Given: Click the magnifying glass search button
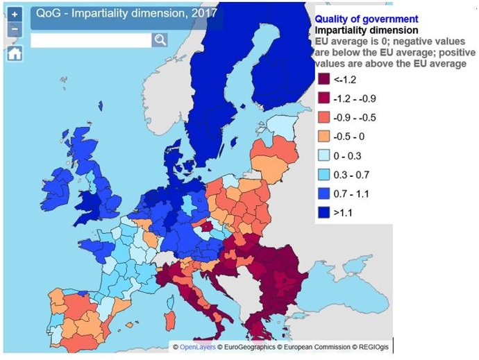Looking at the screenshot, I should tap(160, 40).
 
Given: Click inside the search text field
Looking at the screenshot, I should tap(90, 40).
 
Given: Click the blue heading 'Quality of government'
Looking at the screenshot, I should tap(367, 19).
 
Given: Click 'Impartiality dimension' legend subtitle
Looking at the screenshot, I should tap(367, 31).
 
